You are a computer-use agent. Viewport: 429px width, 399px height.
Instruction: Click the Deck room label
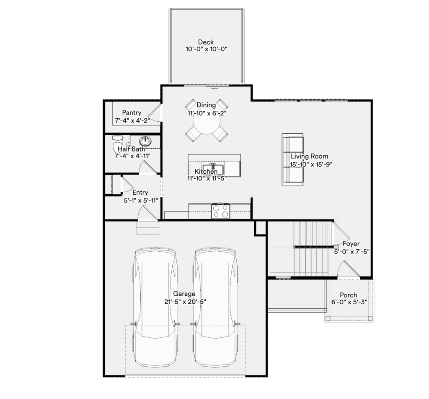pos(206,42)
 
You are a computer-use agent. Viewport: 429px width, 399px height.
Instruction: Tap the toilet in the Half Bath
pos(118,143)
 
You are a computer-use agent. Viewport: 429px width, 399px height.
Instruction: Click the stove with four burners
pos(220,211)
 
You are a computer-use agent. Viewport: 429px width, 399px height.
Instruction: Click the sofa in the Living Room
pos(292,160)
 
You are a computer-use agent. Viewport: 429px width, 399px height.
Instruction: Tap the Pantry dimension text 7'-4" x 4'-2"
pos(132,120)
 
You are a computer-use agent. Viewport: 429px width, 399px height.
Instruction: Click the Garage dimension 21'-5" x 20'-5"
pos(185,302)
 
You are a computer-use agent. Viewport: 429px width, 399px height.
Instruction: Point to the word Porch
pos(348,295)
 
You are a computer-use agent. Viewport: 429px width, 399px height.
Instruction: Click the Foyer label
pos(351,244)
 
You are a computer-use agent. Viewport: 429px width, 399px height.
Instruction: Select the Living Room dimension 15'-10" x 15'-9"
pos(311,164)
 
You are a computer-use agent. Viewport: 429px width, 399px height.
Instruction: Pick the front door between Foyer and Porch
pos(348,270)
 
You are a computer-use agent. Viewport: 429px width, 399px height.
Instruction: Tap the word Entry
pos(140,193)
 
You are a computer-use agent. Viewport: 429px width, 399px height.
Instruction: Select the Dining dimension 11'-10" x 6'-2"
pos(207,113)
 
